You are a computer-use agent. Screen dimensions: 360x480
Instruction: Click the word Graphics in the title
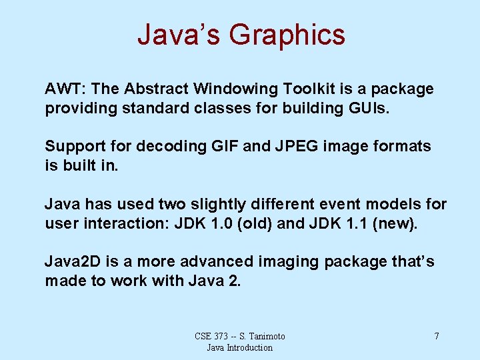pyautogui.click(x=287, y=35)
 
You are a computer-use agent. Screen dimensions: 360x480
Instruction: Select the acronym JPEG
pyautogui.click(x=295, y=146)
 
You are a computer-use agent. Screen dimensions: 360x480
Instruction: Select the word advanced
pyautogui.click(x=217, y=261)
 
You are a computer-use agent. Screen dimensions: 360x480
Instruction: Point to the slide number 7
pyautogui.click(x=437, y=336)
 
